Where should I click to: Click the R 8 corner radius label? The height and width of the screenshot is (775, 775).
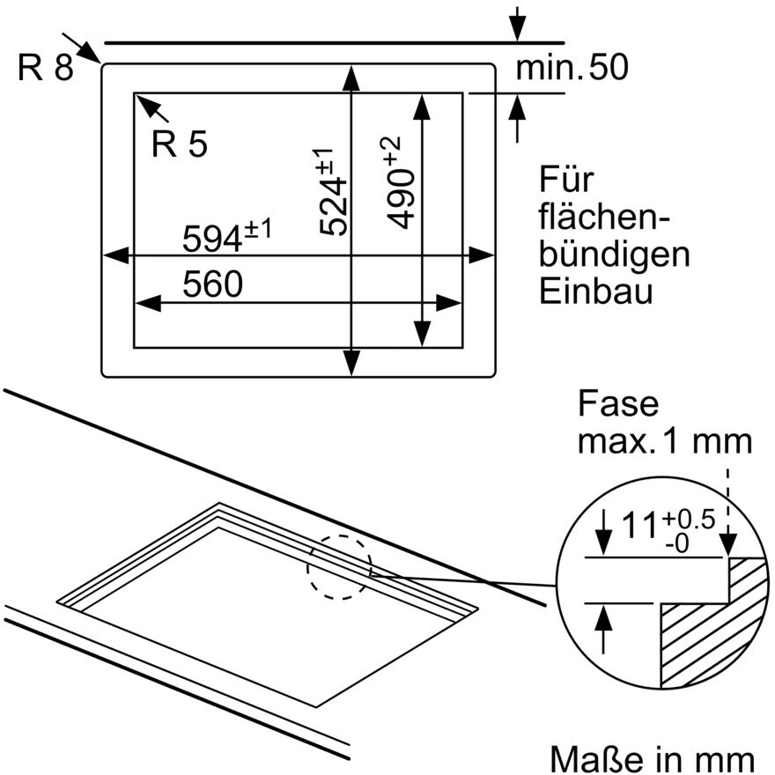tap(46, 67)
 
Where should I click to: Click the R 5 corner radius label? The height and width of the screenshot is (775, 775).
tap(180, 144)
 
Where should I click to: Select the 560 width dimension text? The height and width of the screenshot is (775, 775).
tap(212, 284)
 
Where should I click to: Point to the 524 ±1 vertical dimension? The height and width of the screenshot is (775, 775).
tap(332, 192)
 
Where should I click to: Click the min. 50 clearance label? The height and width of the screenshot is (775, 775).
tap(572, 67)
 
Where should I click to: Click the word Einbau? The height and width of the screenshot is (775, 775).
tap(595, 292)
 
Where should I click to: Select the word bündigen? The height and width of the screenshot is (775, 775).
tap(615, 255)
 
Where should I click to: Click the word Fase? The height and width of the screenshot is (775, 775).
tap(618, 404)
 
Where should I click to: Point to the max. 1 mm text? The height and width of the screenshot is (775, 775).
tap(664, 441)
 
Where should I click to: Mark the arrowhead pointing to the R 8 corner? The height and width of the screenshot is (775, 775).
tap(90, 52)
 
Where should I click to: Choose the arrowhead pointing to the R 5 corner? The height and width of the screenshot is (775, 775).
tap(146, 105)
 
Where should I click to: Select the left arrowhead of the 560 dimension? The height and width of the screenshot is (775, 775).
tap(148, 304)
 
